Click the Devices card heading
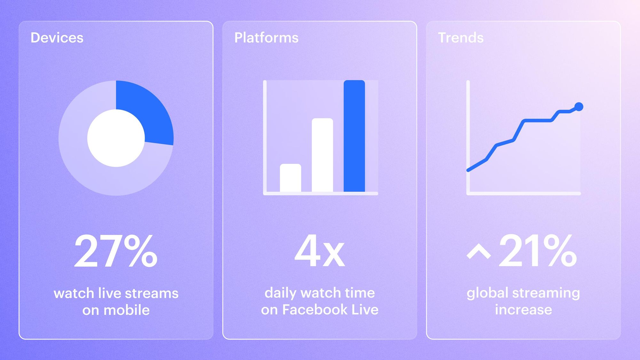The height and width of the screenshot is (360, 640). coord(57,38)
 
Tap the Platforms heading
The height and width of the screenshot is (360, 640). coord(266,38)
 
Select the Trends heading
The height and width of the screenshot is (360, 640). coord(460,38)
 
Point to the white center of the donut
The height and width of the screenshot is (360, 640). coord(116,138)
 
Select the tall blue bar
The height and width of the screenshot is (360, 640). coord(354,136)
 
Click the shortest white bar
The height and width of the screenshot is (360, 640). coord(290,178)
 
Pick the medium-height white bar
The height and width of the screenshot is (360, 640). coord(322,155)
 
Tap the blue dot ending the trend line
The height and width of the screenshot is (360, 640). coord(579,107)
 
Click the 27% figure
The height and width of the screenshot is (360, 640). coord(116,251)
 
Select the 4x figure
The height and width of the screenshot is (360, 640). coord(320,251)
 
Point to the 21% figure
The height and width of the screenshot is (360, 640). coord(538,251)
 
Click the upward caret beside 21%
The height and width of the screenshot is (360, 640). coord(479,253)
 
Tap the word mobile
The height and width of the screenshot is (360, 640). coord(126,310)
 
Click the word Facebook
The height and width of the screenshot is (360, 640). coord(315,309)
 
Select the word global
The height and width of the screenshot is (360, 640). coord(487,293)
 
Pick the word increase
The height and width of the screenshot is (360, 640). coord(523,310)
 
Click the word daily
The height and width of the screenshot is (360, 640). coord(280,293)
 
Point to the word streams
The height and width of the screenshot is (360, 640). coord(151,293)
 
